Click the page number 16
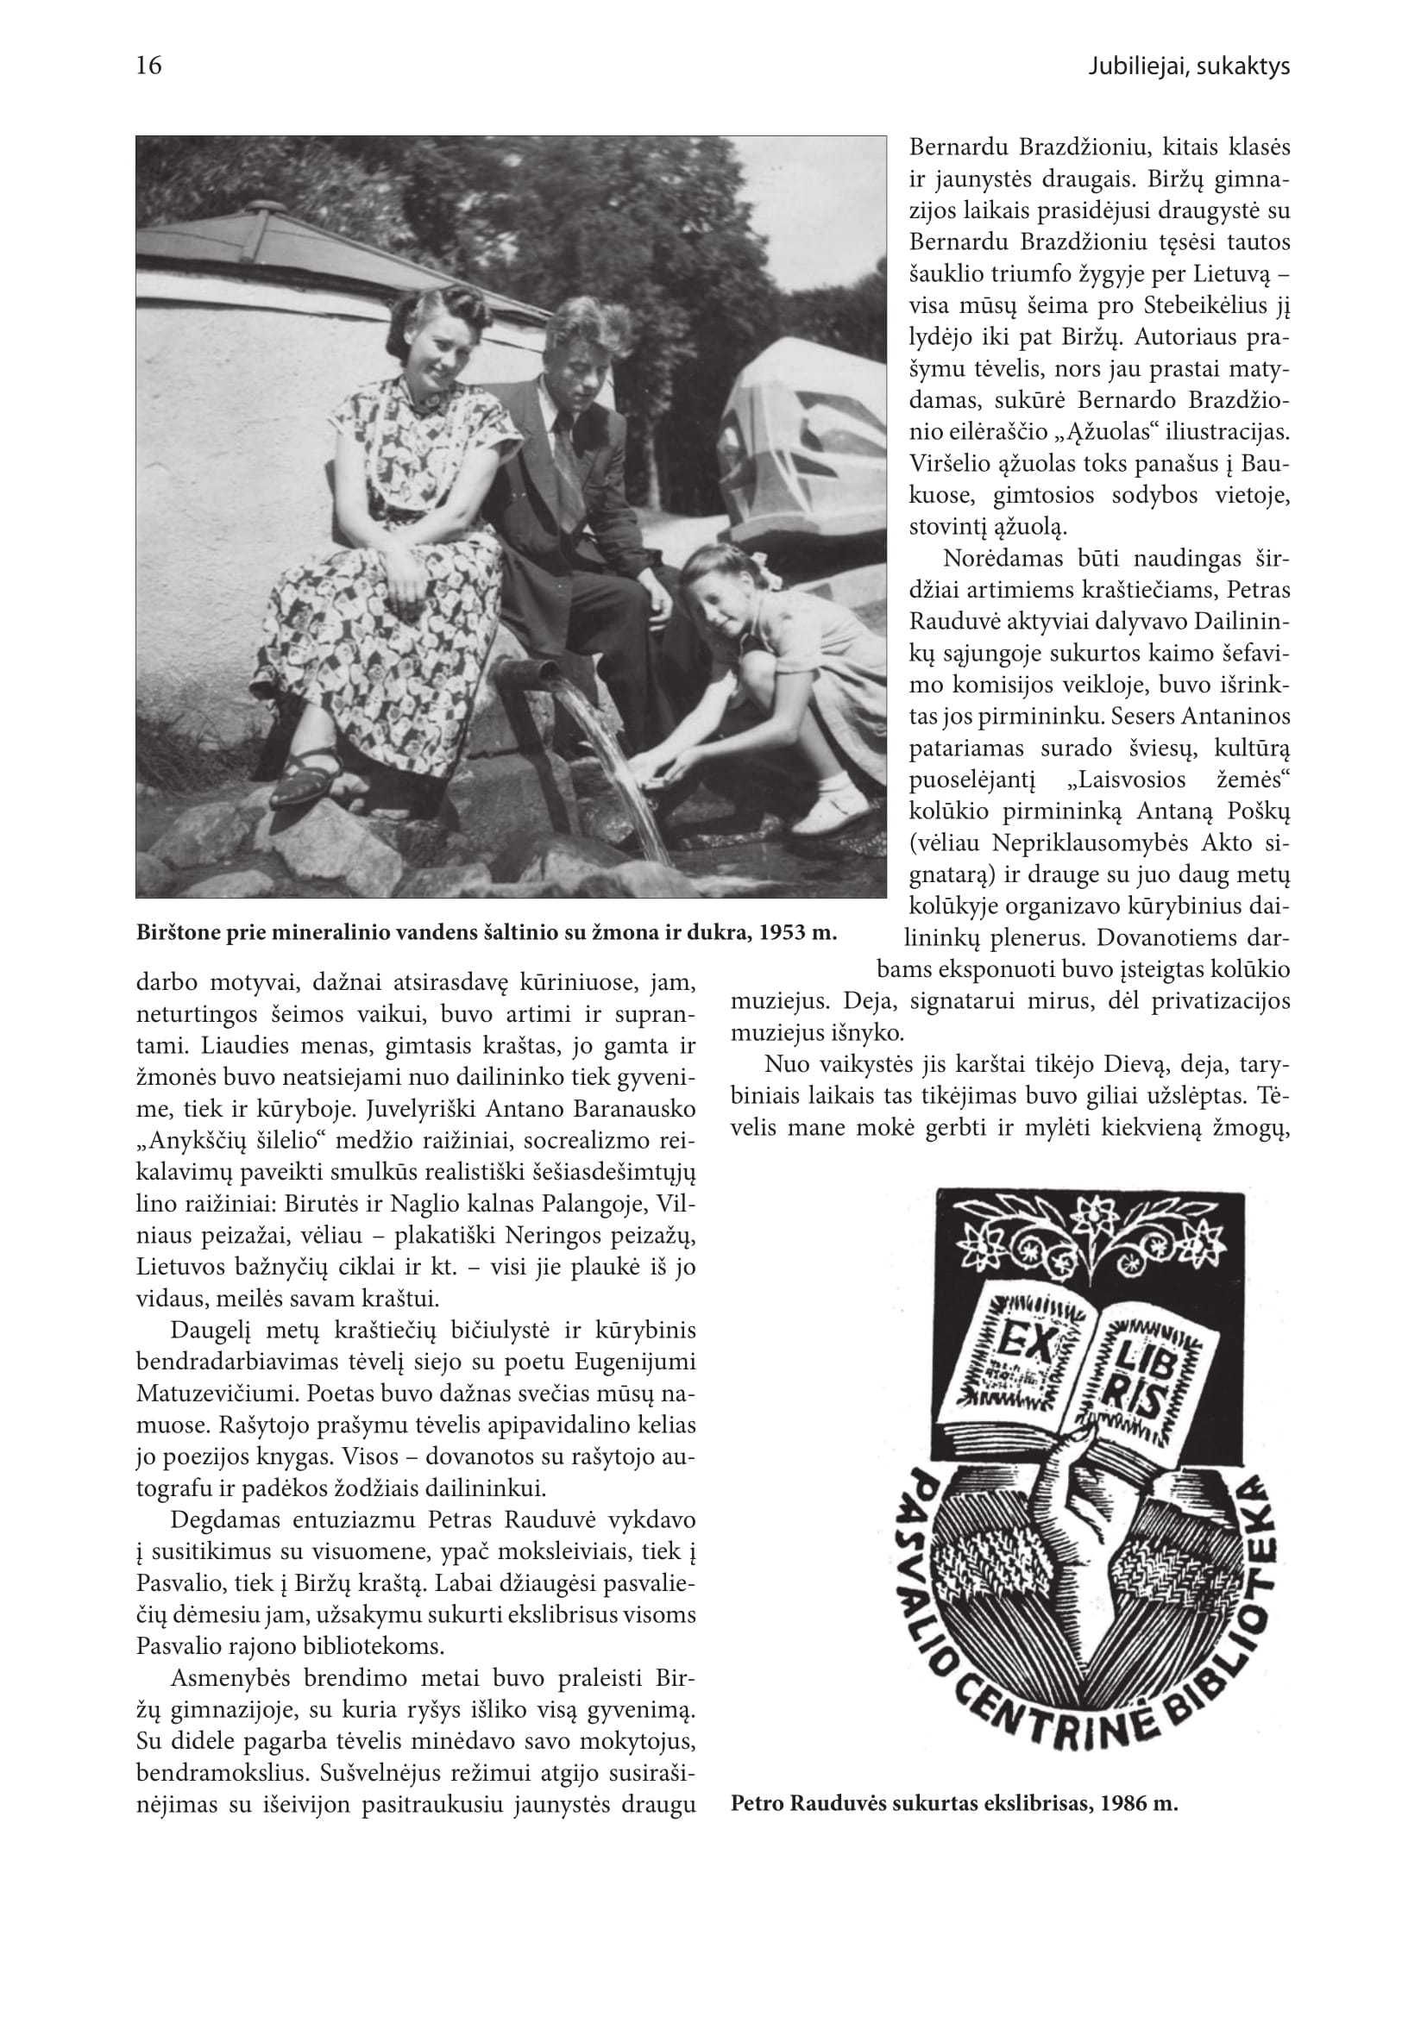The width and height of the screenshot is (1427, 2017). pyautogui.click(x=149, y=66)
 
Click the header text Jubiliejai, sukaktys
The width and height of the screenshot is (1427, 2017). pyautogui.click(x=1188, y=66)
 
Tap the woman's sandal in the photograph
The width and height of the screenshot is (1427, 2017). pyautogui.click(x=304, y=777)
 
